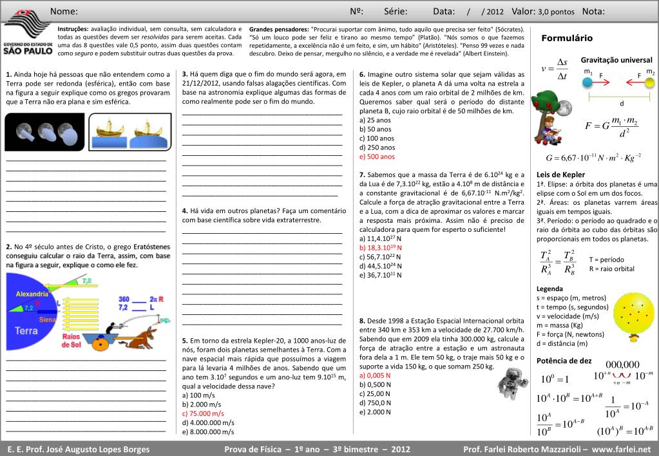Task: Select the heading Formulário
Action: (567, 39)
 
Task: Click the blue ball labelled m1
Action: (587, 82)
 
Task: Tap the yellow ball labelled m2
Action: (649, 82)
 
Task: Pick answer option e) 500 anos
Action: (377, 157)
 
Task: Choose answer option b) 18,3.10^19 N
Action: (381, 247)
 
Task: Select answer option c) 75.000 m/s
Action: (203, 413)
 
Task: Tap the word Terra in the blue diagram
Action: (26, 330)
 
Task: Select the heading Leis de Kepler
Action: (560, 175)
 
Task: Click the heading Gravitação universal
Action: (616, 60)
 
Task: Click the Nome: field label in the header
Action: (64, 12)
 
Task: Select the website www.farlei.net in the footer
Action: (621, 449)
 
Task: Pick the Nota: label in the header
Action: (593, 12)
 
